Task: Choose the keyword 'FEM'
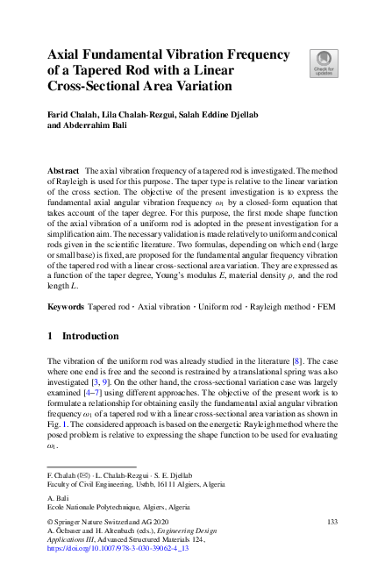[x=325, y=309]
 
